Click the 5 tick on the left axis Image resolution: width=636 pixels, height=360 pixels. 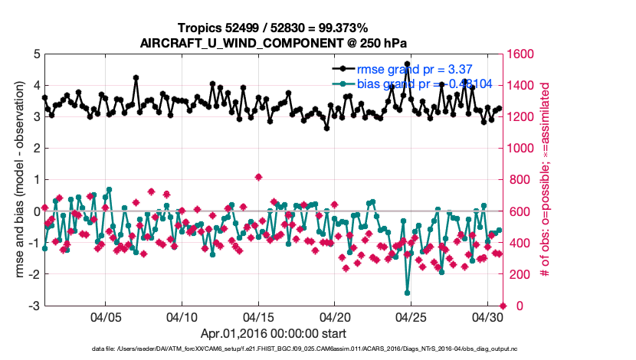click(35, 54)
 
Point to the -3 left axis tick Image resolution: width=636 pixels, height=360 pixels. click(34, 306)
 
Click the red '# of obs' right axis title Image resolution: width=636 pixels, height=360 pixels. click(546, 180)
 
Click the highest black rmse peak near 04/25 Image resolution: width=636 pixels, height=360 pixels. click(407, 64)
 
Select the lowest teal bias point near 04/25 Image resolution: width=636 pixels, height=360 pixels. click(407, 293)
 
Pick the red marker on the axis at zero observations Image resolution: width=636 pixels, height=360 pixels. click(503, 306)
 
